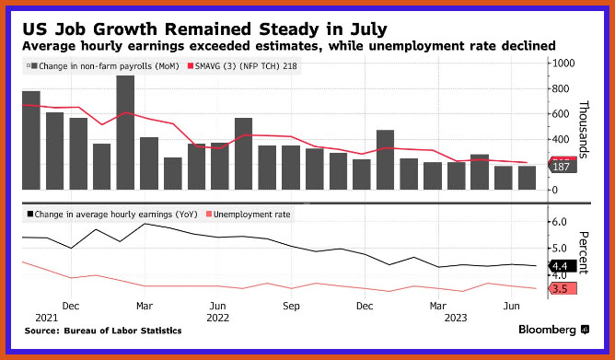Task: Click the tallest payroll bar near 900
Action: (x=125, y=133)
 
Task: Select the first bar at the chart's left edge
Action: (x=31, y=140)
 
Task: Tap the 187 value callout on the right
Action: (x=563, y=167)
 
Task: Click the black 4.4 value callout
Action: (x=563, y=266)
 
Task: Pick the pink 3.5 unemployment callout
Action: (x=563, y=289)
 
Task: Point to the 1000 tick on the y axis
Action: (x=563, y=64)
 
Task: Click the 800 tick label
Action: (x=560, y=88)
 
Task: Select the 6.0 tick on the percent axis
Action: (x=560, y=222)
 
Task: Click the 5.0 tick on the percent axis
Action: (x=560, y=249)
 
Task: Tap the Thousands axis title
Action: (x=584, y=130)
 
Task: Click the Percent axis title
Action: (x=584, y=252)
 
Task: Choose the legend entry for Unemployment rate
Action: (x=249, y=215)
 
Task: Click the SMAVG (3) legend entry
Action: (x=243, y=66)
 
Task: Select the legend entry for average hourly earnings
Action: (x=112, y=215)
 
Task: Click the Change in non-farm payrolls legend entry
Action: (x=103, y=66)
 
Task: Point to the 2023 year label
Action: (x=456, y=318)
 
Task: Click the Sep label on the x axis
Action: (x=291, y=306)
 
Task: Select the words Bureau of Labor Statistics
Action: (x=122, y=331)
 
